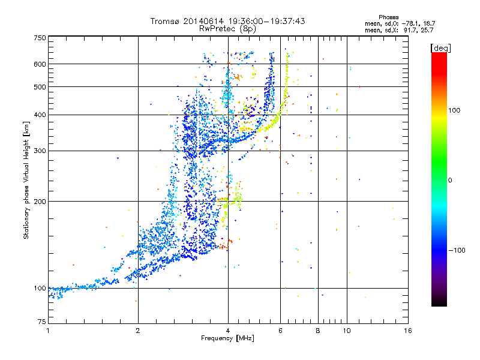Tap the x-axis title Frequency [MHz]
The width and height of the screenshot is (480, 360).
[227, 338]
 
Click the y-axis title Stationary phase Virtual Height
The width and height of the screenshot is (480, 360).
[26, 180]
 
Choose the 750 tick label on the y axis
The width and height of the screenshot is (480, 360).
[40, 37]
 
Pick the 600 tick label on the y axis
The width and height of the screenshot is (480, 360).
[40, 64]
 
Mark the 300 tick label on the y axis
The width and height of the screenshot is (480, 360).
[40, 151]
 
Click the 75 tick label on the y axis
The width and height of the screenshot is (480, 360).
[41, 323]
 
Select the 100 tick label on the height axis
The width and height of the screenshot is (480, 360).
[40, 288]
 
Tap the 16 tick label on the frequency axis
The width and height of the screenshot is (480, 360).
[408, 331]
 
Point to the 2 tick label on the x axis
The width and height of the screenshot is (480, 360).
[138, 331]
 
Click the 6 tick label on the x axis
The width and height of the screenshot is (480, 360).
[281, 331]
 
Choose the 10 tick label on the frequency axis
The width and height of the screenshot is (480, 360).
[346, 331]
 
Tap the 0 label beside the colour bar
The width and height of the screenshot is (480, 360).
[451, 180]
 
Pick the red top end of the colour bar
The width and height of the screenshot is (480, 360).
[439, 55]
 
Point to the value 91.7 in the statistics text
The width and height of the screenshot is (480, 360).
[408, 29]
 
